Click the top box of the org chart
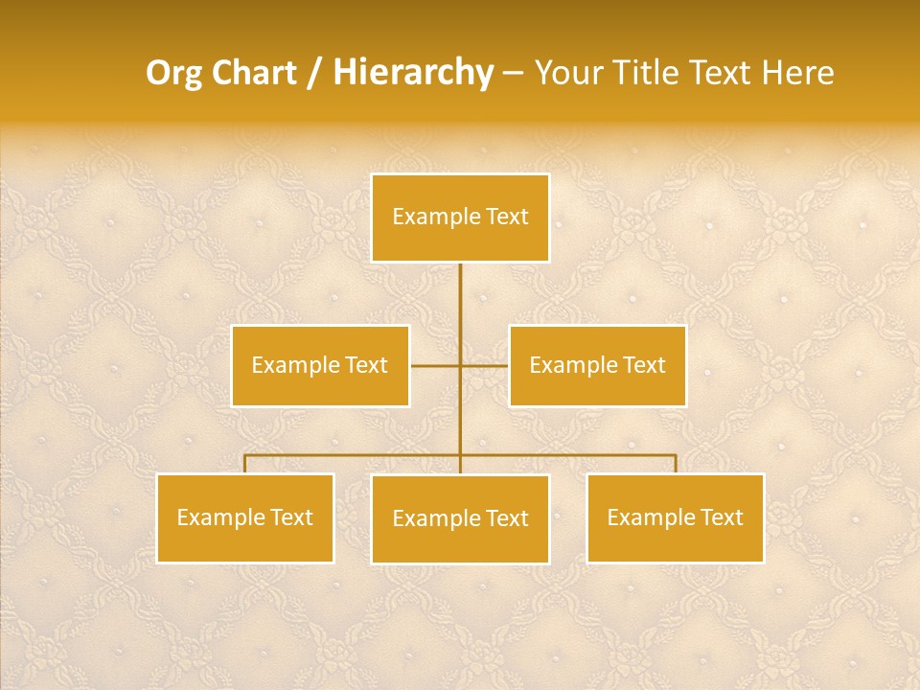pos(460,218)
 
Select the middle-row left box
pos(320,365)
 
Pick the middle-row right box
pos(597,365)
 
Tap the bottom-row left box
pos(245,517)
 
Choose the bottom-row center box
pos(460,518)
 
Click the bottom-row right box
pos(675,517)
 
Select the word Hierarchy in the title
pos(412,73)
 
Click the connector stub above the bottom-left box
pos(245,464)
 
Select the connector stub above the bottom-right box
pos(675,464)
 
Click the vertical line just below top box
pos(460,287)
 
